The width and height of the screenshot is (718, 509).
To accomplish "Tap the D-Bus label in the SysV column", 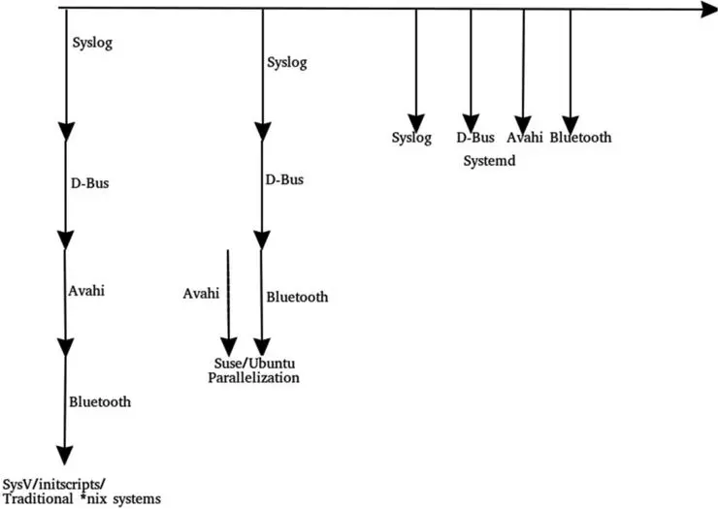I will click(x=90, y=183).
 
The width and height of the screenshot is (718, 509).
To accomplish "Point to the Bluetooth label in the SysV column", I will click(x=100, y=400).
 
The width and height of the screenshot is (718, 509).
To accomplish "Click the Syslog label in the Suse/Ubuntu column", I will click(x=285, y=63).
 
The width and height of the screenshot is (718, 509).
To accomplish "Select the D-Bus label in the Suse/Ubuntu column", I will click(x=284, y=179).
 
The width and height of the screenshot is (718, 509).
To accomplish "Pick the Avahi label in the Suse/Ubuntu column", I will click(x=201, y=292).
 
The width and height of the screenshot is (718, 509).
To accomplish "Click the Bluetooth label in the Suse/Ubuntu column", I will click(x=296, y=297).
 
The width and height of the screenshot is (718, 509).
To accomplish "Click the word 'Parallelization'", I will click(x=253, y=377).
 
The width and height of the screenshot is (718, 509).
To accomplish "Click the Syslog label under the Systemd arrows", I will click(x=411, y=138).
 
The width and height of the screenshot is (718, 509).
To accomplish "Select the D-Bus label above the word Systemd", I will click(x=476, y=138).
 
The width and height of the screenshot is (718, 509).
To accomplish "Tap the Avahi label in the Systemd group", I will click(x=523, y=138).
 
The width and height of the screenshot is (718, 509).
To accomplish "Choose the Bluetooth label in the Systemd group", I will click(x=580, y=138).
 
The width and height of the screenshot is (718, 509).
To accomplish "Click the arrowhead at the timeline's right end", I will click(x=705, y=10).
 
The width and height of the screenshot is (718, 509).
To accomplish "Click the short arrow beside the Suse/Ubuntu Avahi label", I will click(x=228, y=301).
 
